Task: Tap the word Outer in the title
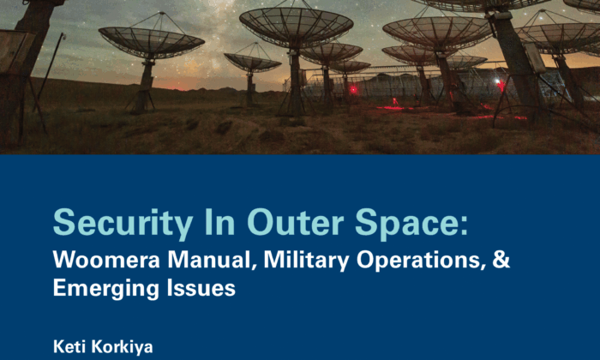(296, 222)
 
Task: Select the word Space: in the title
(411, 225)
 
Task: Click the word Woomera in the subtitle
(106, 260)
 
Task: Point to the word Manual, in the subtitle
(213, 260)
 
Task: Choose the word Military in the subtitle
(306, 261)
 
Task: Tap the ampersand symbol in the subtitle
(501, 260)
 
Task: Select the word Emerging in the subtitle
(105, 289)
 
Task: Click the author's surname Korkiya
(123, 347)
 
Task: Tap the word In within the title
(220, 222)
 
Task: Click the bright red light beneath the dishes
(353, 90)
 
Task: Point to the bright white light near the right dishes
(498, 81)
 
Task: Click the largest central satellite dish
(297, 27)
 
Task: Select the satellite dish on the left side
(152, 41)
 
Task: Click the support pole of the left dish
(146, 86)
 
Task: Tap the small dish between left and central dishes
(253, 63)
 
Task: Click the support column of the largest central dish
(296, 81)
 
